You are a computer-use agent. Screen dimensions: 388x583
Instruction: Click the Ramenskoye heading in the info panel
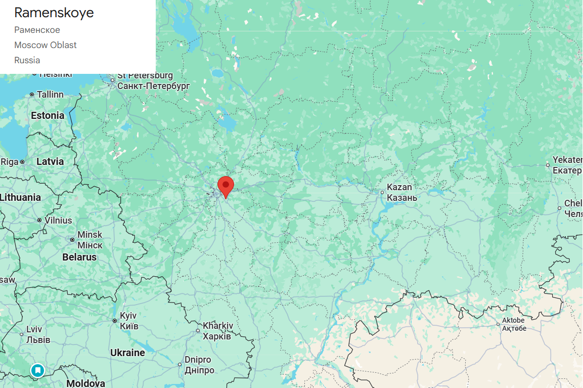tap(54, 13)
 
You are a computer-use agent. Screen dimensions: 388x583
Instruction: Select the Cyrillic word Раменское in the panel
tap(37, 30)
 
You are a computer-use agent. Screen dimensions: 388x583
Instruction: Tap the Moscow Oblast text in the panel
tap(46, 45)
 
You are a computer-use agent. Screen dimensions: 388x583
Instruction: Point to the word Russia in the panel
tap(27, 60)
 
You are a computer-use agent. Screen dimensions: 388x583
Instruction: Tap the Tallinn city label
tap(50, 95)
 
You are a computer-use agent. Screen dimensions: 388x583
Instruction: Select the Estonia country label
tap(48, 115)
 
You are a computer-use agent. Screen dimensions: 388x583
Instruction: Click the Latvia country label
tap(50, 161)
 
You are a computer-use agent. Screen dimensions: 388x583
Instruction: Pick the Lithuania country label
tap(21, 197)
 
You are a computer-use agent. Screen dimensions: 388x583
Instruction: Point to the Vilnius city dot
tap(39, 220)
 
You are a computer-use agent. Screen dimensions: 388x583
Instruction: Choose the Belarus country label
tap(79, 257)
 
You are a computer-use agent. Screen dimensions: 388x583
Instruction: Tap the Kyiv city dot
tap(115, 320)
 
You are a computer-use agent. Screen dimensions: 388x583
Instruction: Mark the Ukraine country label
tap(127, 353)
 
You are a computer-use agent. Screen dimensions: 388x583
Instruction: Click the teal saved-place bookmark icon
tap(37, 370)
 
